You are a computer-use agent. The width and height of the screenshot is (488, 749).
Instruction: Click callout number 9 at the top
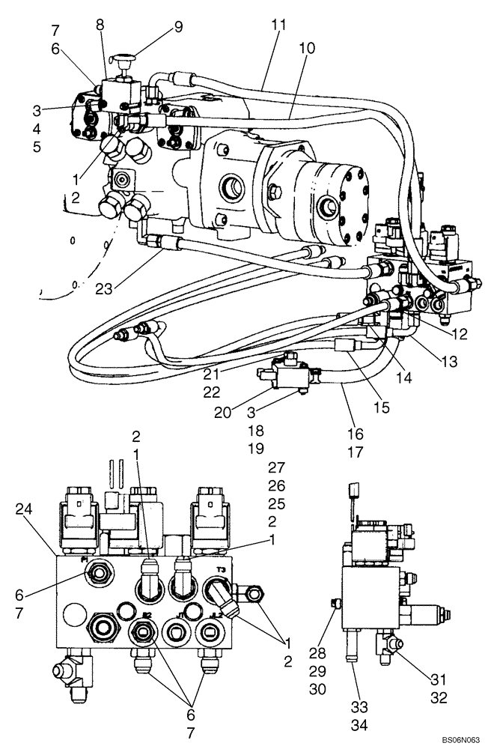(x=177, y=28)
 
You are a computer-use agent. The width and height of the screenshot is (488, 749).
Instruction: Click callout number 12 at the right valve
(x=459, y=334)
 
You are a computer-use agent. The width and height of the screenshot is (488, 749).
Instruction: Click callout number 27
(x=277, y=467)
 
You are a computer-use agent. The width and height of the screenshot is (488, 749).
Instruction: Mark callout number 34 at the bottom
(x=359, y=725)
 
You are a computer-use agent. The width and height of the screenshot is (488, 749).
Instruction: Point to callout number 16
(x=356, y=434)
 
